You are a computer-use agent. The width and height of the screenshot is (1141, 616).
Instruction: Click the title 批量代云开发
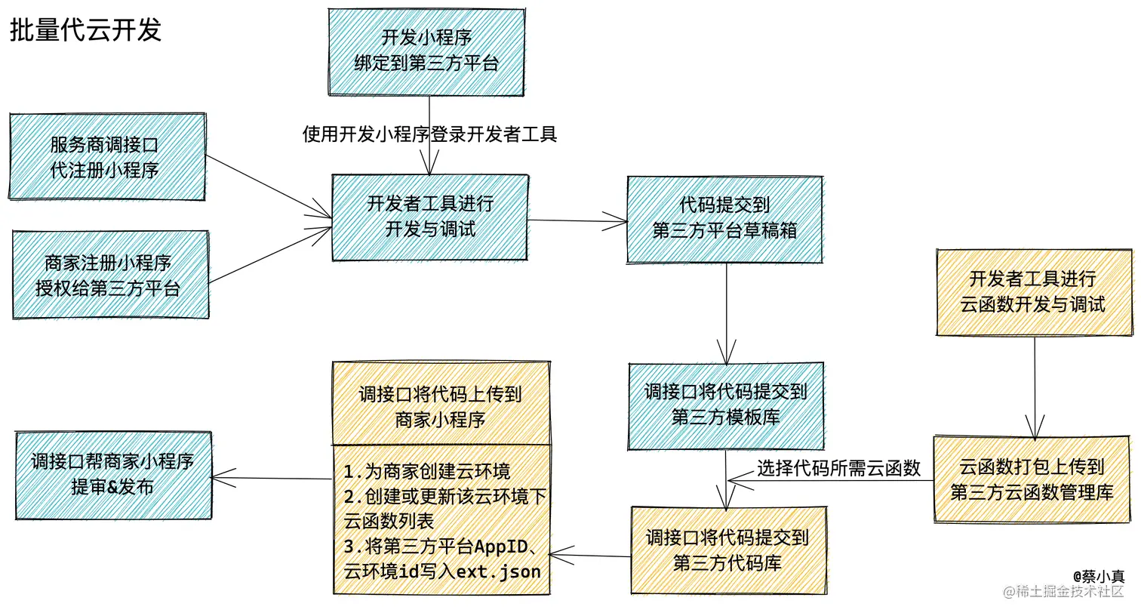pos(85,30)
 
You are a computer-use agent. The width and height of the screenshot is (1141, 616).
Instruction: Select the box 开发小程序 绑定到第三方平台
pos(426,51)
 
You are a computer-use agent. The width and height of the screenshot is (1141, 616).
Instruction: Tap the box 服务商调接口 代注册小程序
pos(107,157)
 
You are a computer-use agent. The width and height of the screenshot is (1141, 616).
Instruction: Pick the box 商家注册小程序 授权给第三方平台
pos(110,275)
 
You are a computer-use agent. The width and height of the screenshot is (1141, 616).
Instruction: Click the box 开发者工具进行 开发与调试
pos(430,217)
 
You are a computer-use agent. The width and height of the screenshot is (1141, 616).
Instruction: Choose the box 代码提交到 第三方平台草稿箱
pos(724,219)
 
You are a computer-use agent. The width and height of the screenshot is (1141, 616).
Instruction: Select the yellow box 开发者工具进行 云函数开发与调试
pos(1033,292)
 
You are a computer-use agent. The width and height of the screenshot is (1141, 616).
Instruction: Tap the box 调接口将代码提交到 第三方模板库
pos(726,405)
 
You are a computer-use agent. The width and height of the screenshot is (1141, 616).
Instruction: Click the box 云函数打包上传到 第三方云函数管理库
pos(1032,479)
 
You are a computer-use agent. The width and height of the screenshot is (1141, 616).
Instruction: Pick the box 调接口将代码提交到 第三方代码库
pos(728,550)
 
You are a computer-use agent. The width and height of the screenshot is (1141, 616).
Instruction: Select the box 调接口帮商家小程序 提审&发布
pos(113,475)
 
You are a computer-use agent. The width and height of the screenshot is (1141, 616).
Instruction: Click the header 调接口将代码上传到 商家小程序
pos(441,405)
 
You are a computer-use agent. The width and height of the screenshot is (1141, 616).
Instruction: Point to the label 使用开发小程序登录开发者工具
pos(429,134)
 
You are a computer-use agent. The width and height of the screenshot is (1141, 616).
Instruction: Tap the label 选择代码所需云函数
pos(838,468)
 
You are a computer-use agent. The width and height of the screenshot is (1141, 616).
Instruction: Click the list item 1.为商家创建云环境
pos(427,472)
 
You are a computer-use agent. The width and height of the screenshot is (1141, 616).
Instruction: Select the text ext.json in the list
pos(499,572)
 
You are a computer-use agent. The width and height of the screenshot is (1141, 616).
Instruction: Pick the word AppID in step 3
pos(501,547)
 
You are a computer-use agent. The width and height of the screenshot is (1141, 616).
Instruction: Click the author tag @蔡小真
pos(1098,576)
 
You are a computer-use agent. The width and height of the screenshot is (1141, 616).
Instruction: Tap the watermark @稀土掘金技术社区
pos(1063,592)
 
